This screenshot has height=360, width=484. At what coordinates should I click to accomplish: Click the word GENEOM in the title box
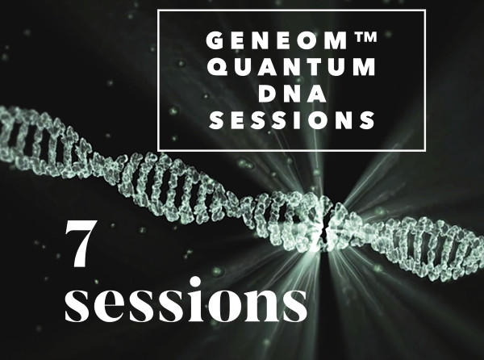[x=277, y=40]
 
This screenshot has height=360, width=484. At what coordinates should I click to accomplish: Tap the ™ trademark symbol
[x=367, y=37]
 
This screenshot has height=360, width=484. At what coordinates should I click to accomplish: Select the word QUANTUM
[x=292, y=67]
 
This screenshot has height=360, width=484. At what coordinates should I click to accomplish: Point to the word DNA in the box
[x=292, y=94]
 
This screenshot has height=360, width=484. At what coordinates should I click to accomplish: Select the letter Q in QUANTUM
[x=217, y=67]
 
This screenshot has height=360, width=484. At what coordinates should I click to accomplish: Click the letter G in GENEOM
[x=215, y=40]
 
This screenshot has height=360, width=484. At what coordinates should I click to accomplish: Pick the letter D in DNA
[x=266, y=94]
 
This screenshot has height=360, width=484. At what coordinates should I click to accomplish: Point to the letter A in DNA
[x=317, y=94]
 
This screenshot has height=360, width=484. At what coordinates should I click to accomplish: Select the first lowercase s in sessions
[x=78, y=306]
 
